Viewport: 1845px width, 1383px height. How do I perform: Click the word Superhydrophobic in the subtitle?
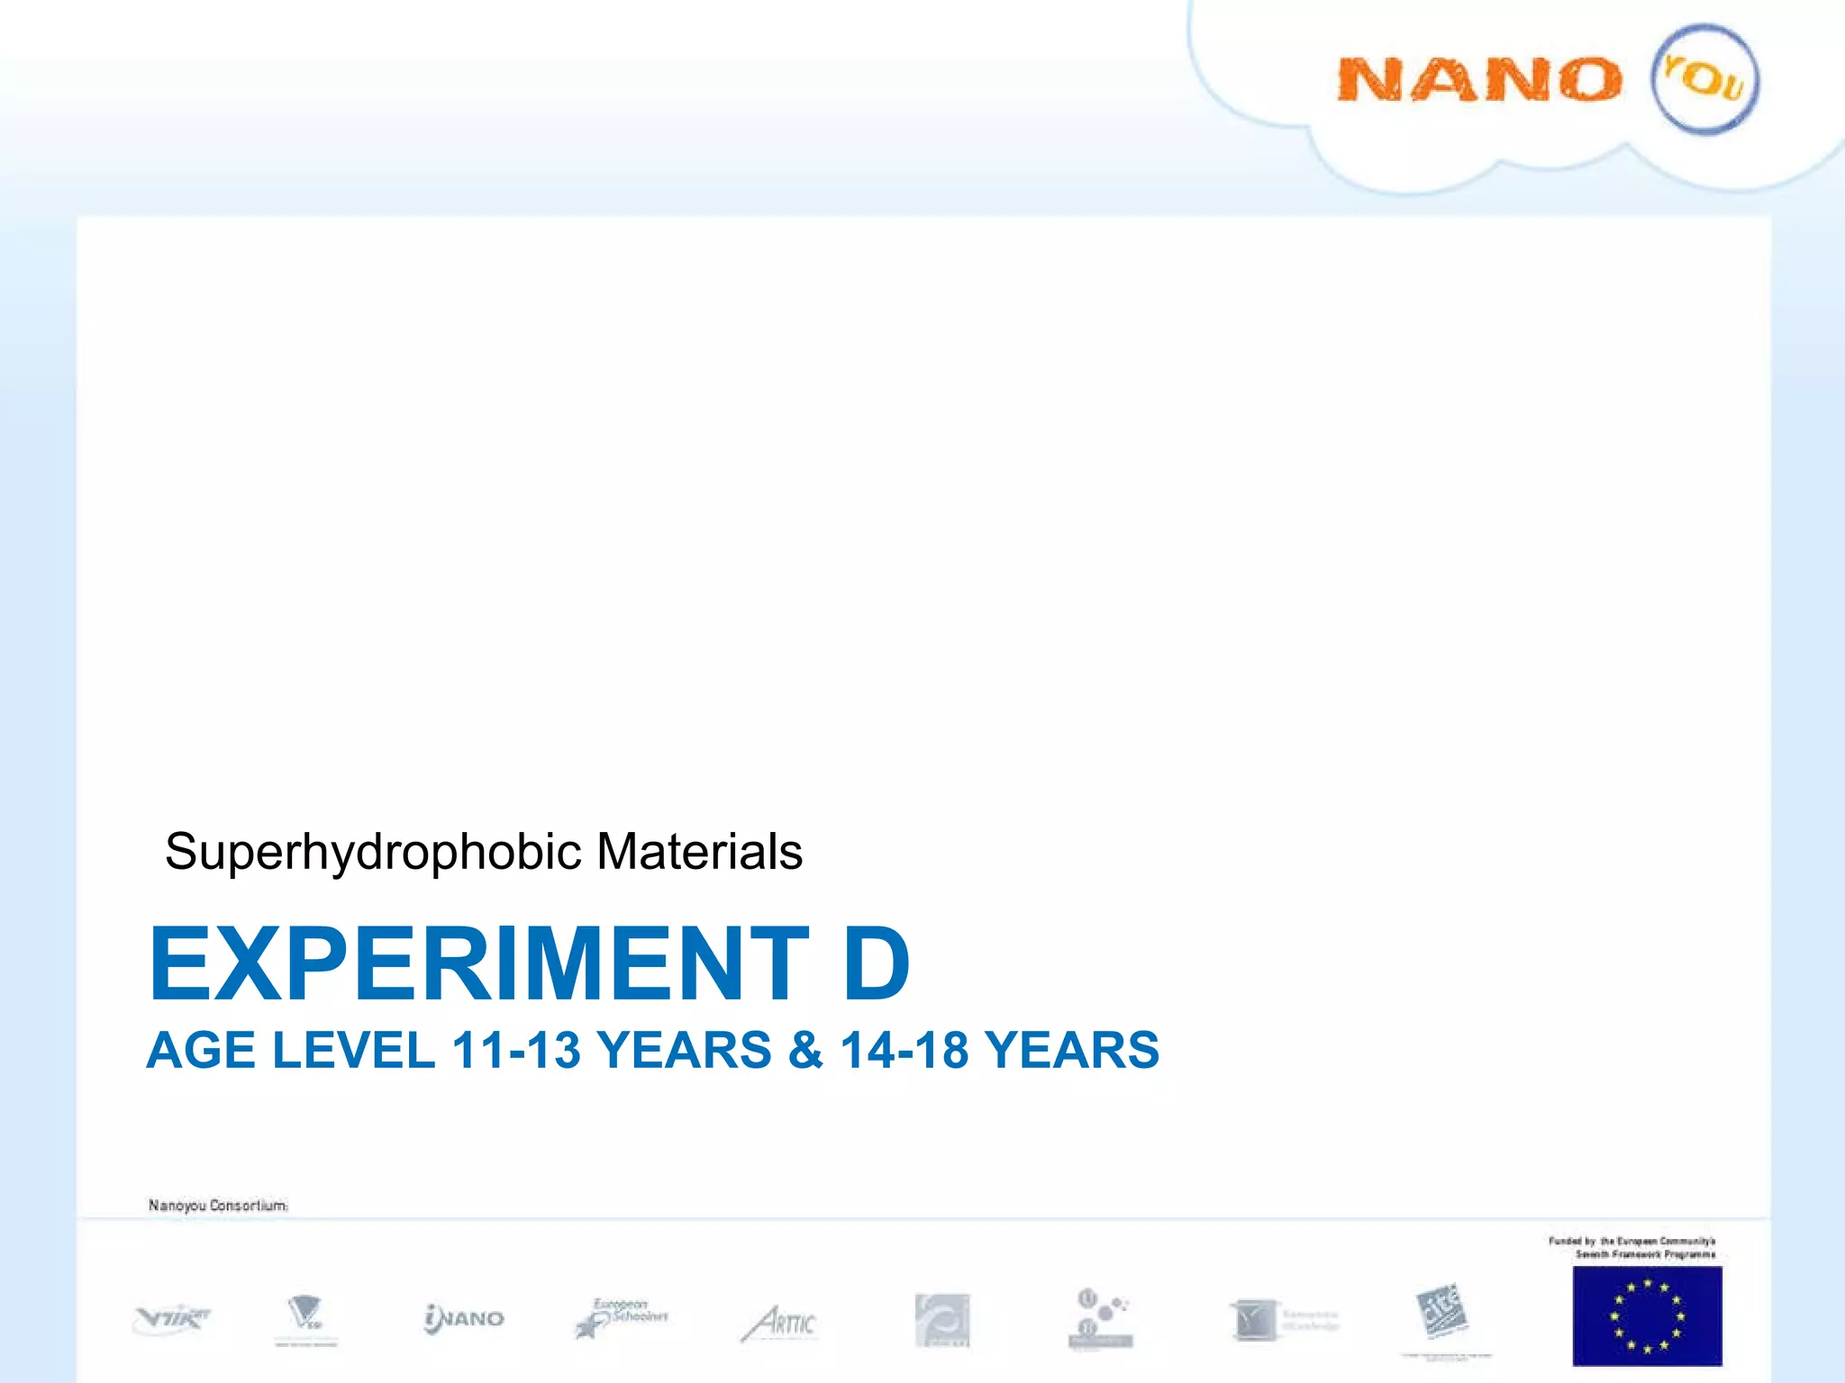coord(373,852)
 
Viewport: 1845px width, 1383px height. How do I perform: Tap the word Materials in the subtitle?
coord(699,852)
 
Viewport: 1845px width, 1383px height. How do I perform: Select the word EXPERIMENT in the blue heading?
coord(479,964)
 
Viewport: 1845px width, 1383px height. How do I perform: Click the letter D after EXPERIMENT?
coord(876,964)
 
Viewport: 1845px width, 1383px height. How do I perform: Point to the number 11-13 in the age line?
coord(516,1051)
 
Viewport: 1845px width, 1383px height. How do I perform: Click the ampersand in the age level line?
coord(805,1051)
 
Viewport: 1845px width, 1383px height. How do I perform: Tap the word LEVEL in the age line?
coord(354,1051)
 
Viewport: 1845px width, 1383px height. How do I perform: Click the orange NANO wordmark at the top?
coord(1479,79)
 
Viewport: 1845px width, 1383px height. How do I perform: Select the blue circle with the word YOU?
coord(1704,79)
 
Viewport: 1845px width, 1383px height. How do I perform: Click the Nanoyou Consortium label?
coord(218,1205)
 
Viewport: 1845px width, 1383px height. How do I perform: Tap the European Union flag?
coord(1647,1315)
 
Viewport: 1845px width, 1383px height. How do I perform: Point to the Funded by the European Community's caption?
coord(1632,1247)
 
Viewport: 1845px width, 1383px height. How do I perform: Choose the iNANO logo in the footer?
coord(464,1319)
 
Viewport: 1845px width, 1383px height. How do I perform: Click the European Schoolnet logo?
coord(622,1318)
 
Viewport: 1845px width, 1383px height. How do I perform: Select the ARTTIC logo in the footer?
coord(779,1323)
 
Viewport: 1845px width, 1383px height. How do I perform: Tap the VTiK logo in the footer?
coord(171,1319)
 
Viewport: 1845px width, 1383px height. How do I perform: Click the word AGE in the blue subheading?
coord(202,1051)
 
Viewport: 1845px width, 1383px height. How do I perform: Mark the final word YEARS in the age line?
coord(1071,1051)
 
